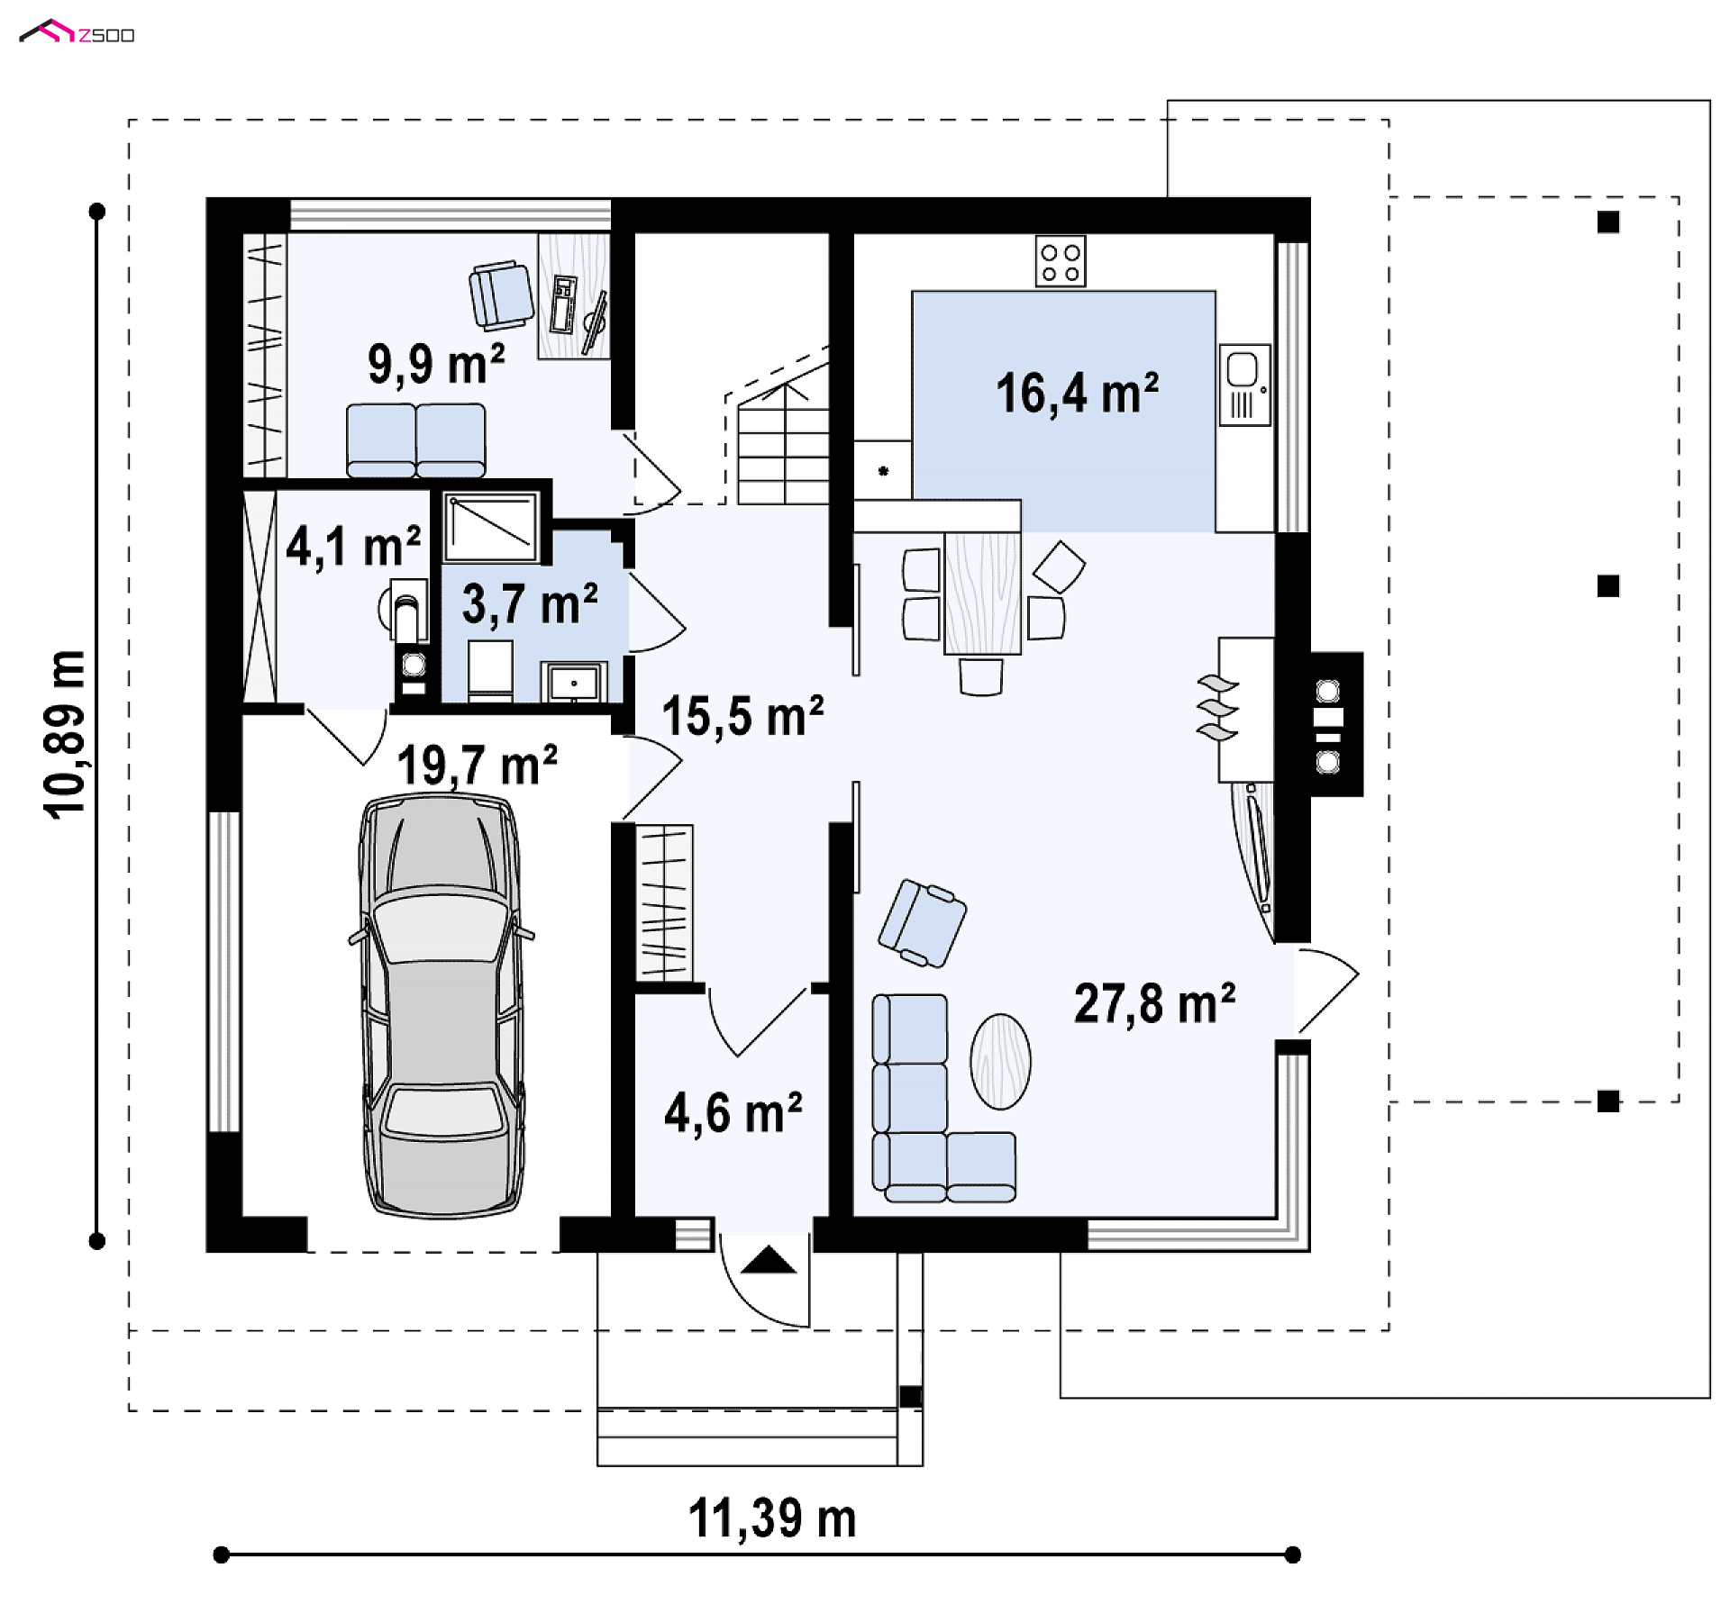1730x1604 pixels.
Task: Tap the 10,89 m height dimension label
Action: [x=65, y=734]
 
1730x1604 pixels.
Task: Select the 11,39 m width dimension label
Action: [x=772, y=1518]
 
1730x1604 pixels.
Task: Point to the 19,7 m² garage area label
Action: [x=477, y=766]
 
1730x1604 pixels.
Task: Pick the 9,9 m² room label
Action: [x=436, y=364]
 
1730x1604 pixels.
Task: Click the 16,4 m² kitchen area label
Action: [x=1077, y=394]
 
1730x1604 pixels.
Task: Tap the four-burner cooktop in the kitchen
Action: [x=1061, y=261]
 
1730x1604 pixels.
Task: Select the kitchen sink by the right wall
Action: [x=1244, y=385]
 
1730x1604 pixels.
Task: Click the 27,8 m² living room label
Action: [x=1154, y=1003]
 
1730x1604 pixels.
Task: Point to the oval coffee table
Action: [x=1000, y=1061]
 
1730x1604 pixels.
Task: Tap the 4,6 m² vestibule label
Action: [x=733, y=1113]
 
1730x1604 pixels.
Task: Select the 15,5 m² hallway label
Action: [x=742, y=716]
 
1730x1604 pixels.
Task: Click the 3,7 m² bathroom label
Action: [x=530, y=603]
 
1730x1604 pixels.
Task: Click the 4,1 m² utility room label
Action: [x=353, y=546]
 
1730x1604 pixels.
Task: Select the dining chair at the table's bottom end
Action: [x=981, y=676]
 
